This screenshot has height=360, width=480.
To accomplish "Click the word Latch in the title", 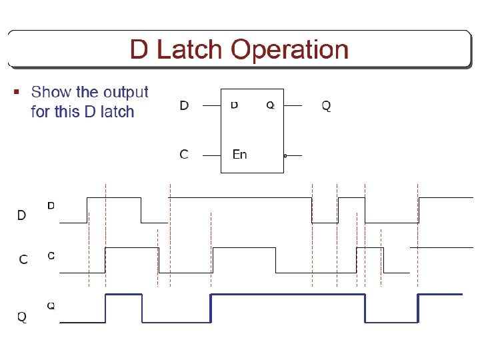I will click(190, 50).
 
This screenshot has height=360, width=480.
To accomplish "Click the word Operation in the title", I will click(290, 50).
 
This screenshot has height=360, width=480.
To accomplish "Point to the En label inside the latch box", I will click(239, 155).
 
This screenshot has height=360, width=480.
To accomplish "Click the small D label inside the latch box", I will click(235, 105).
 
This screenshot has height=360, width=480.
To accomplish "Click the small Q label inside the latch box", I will click(270, 105).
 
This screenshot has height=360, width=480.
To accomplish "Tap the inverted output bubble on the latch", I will click(285, 155).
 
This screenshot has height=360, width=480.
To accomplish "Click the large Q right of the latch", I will click(326, 105).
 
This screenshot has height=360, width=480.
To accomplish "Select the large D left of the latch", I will click(185, 105).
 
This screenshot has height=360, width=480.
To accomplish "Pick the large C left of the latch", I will click(184, 155).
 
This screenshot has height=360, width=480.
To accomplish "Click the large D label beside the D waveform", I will click(21, 215).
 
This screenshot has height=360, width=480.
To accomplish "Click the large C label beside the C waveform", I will click(23, 259).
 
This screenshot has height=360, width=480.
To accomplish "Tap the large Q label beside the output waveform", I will click(22, 317).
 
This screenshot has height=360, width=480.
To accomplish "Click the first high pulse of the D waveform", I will click(114, 198).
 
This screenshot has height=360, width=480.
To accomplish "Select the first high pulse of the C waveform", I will click(132, 247).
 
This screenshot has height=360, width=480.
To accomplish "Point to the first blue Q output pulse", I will click(124, 295).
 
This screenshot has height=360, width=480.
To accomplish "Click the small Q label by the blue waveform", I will click(51, 306).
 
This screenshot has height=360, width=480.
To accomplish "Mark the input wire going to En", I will click(211, 155).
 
